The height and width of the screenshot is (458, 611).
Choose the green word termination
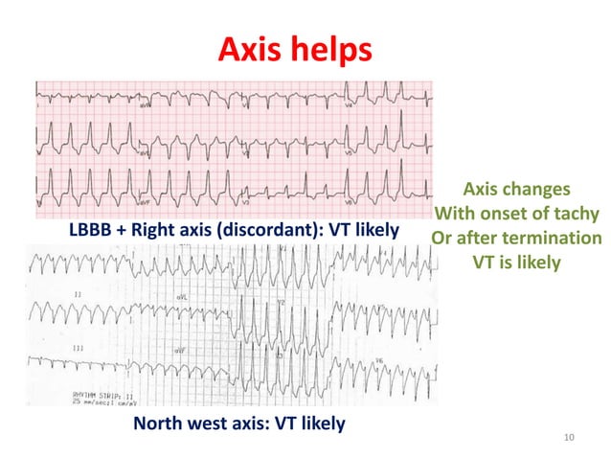(x=553, y=237)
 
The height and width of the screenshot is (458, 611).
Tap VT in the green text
(x=487, y=261)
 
